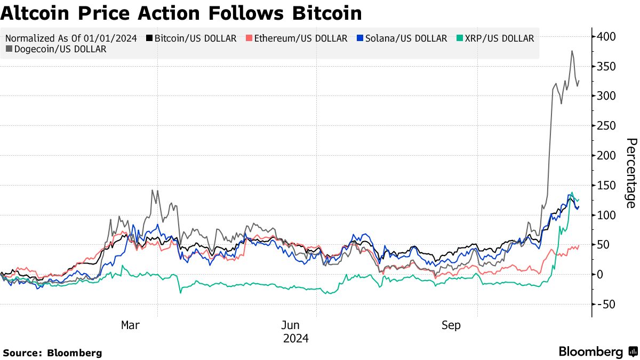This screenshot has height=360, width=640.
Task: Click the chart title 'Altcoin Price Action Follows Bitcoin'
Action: (181, 13)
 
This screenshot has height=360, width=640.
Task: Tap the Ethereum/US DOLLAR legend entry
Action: (296, 38)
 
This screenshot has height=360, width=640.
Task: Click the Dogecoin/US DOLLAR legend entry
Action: (56, 49)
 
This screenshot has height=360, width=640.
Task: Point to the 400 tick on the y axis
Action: (607, 37)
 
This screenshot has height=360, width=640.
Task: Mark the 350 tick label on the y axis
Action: (607, 67)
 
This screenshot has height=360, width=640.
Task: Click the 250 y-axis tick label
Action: (607, 126)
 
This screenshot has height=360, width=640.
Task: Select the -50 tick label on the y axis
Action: (605, 304)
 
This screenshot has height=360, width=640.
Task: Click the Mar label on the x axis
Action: (130, 325)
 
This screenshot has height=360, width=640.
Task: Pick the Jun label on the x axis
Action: (291, 325)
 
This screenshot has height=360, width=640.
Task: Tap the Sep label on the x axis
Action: (451, 325)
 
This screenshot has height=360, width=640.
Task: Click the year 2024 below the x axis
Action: (296, 338)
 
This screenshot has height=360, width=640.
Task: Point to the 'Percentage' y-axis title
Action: (631, 173)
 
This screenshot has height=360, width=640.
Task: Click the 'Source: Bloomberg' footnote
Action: (52, 353)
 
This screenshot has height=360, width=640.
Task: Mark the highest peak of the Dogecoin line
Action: (572, 51)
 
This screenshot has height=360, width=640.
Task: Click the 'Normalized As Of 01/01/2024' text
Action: (71, 38)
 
